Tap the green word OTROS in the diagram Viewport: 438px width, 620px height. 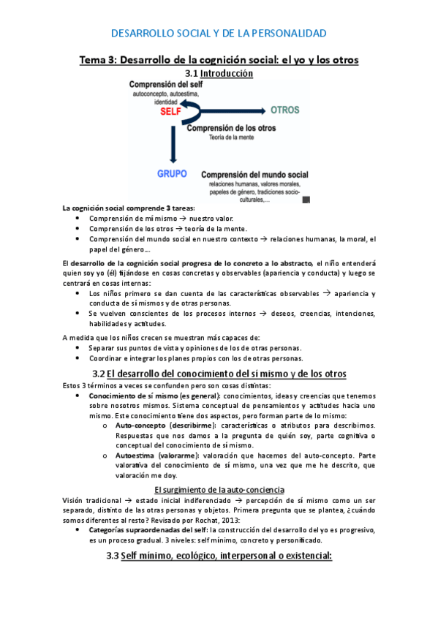click(x=285, y=110)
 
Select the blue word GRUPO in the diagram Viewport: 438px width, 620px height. click(x=173, y=174)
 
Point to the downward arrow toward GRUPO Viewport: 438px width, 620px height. click(x=173, y=143)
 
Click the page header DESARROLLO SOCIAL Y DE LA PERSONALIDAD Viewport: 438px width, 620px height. click(x=219, y=33)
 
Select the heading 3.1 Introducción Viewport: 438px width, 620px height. click(x=219, y=73)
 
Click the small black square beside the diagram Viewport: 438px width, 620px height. click(x=306, y=199)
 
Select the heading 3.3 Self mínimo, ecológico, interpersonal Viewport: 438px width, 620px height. click(x=219, y=556)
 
